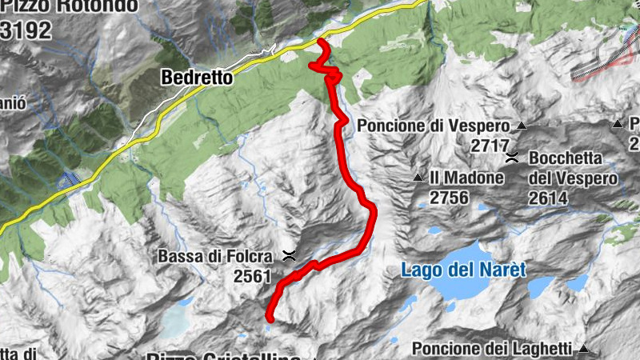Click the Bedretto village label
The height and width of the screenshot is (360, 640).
coord(196,78)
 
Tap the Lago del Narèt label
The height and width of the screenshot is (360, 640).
coord(463,270)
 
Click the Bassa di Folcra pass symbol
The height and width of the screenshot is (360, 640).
coord(289,256)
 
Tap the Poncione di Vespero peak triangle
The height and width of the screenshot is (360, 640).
coord(522,126)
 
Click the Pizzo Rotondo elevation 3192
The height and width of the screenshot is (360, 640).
coord(26,30)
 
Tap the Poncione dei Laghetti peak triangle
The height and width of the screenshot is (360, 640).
coord(585,348)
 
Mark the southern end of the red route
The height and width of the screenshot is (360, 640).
coord(269,318)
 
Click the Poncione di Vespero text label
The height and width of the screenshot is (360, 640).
coord(433,126)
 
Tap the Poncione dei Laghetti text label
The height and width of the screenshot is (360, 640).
coord(492,348)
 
